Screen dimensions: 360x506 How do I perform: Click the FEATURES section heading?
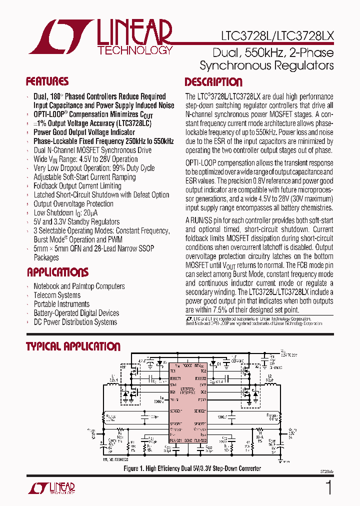(x=47, y=82)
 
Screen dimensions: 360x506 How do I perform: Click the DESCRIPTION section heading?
(x=213, y=82)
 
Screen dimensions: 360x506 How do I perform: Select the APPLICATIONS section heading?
(x=57, y=272)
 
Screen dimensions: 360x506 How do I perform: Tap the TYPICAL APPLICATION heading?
(x=73, y=346)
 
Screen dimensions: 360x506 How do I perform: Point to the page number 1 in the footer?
(x=328, y=487)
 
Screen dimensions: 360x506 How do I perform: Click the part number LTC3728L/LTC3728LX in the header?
(x=277, y=36)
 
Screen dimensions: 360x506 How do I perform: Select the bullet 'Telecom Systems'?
(x=57, y=295)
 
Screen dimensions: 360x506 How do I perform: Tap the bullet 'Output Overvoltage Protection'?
(x=73, y=204)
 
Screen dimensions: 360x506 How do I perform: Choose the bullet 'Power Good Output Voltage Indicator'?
(x=84, y=132)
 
